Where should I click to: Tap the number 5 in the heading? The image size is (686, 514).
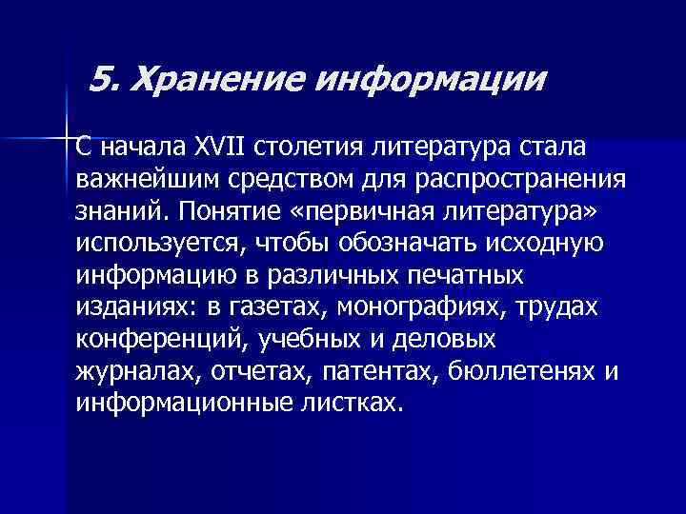tap(107, 79)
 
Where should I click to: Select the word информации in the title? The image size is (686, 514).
tap(431, 79)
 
